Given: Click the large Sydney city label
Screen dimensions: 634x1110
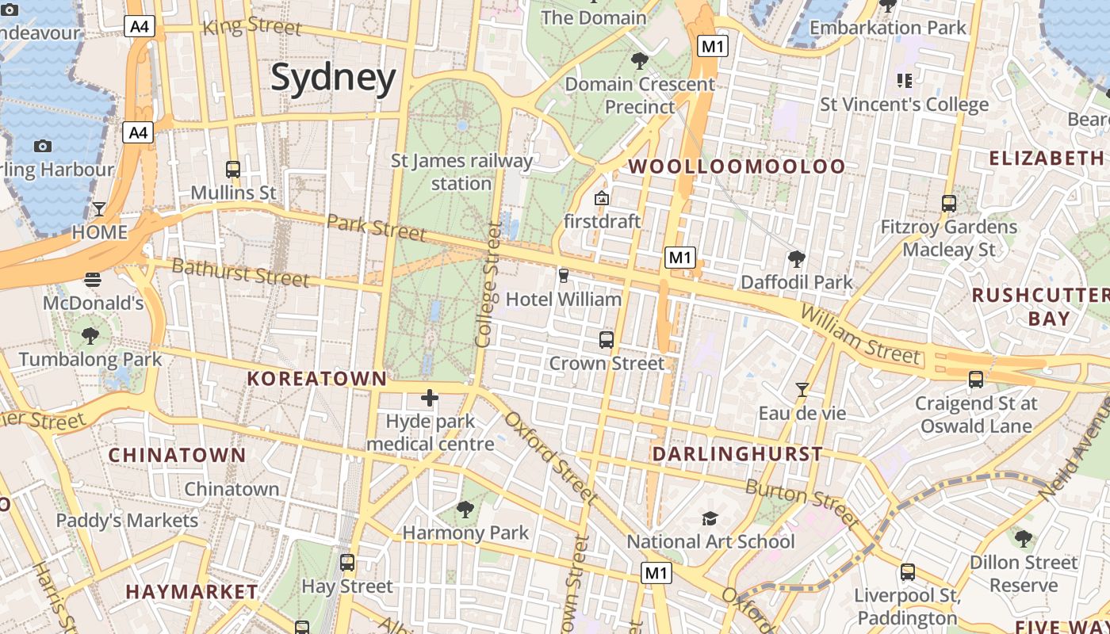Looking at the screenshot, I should click(x=333, y=78).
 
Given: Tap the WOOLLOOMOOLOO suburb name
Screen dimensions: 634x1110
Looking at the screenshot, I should click(x=737, y=166).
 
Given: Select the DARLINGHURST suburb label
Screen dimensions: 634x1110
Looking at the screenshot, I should click(x=737, y=454).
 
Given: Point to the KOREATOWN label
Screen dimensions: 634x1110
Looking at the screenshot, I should click(x=316, y=379).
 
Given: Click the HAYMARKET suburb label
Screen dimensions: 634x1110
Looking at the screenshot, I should click(x=192, y=592).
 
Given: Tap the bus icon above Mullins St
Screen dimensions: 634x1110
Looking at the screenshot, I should click(x=233, y=169).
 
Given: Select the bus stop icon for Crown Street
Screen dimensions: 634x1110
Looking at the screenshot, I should click(x=607, y=340).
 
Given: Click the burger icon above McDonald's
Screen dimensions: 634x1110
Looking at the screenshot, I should click(x=93, y=279).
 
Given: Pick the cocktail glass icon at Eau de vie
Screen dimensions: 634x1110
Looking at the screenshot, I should click(x=802, y=390).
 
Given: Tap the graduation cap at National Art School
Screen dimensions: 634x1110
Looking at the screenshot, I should click(x=710, y=518).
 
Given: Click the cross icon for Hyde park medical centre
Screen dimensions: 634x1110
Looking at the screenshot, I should click(x=430, y=397).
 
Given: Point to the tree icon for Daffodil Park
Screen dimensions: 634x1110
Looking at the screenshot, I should click(x=796, y=258).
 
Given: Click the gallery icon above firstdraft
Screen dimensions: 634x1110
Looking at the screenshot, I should click(x=602, y=198).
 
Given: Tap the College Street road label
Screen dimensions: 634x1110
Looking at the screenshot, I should click(x=487, y=285).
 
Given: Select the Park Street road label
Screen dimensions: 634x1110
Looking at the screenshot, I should click(x=376, y=227).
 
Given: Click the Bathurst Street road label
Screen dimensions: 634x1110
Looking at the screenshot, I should click(x=240, y=273).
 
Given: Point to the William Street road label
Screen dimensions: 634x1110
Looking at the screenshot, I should click(x=860, y=334).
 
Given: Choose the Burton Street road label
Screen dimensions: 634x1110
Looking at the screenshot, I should click(x=802, y=503).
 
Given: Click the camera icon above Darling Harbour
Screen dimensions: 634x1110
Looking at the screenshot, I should click(x=43, y=146).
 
